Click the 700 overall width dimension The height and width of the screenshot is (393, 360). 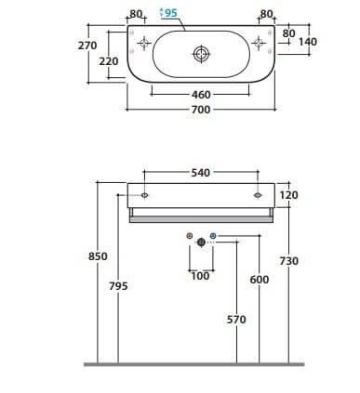(x=201, y=110)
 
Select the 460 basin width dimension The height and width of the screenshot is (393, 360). (x=201, y=95)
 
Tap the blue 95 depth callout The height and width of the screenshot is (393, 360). (x=170, y=13)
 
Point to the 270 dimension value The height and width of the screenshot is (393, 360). (x=87, y=46)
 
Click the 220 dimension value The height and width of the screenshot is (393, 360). (x=109, y=61)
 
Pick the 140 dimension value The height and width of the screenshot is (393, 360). (x=308, y=42)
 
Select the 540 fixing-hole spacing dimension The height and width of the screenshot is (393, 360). (x=201, y=173)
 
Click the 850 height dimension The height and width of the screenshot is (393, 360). (x=98, y=256)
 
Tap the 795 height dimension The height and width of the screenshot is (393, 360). (x=118, y=286)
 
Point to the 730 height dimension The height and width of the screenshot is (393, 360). (x=289, y=261)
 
